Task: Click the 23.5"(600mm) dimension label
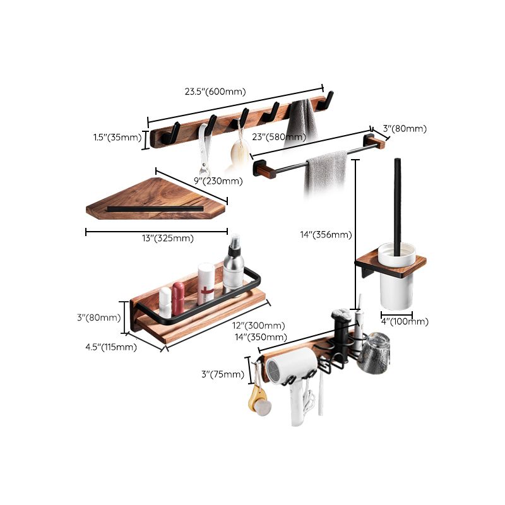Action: [x=215, y=92]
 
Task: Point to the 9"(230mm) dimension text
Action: [x=218, y=181]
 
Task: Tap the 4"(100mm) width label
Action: [x=405, y=321]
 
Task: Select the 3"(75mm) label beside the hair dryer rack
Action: [x=222, y=374]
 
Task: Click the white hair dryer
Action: [x=294, y=379]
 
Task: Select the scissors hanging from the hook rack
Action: [x=203, y=151]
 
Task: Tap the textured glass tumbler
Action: [x=375, y=352]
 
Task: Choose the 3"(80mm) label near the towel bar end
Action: [x=404, y=129]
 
